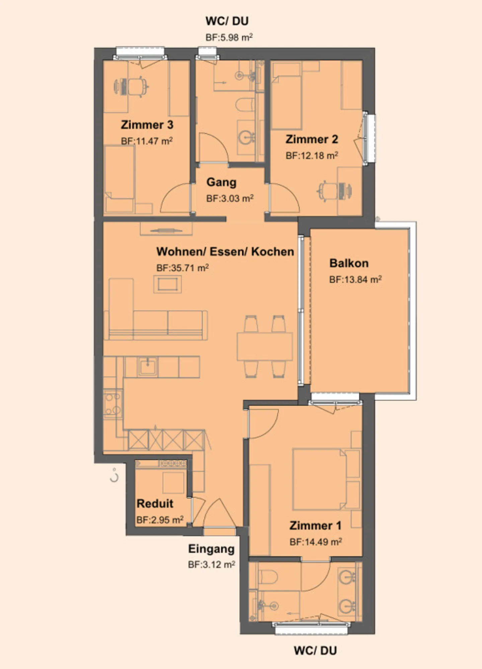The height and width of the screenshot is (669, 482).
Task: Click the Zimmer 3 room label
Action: point(147,125)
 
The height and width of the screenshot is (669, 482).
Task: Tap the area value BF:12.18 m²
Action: point(312,156)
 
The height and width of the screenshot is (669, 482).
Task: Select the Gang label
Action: point(221,182)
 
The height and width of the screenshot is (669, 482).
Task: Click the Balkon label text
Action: point(349,263)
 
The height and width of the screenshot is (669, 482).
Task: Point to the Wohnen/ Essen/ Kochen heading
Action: point(225,252)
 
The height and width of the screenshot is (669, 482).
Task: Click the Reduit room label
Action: point(155,503)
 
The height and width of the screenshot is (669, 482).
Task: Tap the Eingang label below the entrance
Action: point(211,549)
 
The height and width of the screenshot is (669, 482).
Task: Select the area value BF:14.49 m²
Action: point(315,542)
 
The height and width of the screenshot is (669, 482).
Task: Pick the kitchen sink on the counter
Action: point(147,367)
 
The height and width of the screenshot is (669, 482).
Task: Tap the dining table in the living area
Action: point(264,346)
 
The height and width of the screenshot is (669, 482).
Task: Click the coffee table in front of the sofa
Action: point(167,284)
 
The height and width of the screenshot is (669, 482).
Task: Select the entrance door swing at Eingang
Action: point(219,513)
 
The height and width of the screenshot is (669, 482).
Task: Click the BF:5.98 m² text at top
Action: point(229,37)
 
